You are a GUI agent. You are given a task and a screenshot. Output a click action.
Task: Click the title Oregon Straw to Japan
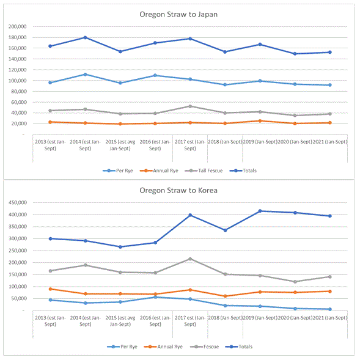pyautogui.click(x=178, y=15)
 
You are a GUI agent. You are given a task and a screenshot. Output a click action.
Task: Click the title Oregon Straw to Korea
pyautogui.click(x=178, y=190)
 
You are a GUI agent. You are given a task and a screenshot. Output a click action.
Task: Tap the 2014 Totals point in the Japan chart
pyautogui.click(x=85, y=37)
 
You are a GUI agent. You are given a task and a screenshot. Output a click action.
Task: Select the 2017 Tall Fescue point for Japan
pyautogui.click(x=190, y=106)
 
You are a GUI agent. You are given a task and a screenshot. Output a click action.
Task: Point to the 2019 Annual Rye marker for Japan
pyautogui.click(x=260, y=121)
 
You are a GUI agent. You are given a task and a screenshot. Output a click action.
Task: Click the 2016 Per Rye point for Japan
pyautogui.click(x=155, y=75)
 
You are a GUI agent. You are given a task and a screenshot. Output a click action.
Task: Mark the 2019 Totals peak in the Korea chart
pyautogui.click(x=260, y=211)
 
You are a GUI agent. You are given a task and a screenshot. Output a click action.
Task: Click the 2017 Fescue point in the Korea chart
pyautogui.click(x=190, y=259)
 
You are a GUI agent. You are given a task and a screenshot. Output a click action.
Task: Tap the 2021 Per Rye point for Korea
pyautogui.click(x=330, y=309)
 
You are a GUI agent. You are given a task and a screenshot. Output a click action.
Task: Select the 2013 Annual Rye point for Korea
pyautogui.click(x=51, y=289)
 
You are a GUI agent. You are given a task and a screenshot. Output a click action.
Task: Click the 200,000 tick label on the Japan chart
pyautogui.click(x=18, y=27)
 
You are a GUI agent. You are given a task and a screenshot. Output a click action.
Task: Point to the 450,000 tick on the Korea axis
pyautogui.click(x=18, y=202)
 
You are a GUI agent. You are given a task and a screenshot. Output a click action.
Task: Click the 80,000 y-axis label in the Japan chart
pyautogui.click(x=19, y=92)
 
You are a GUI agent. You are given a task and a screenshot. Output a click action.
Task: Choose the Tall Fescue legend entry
pyautogui.click(x=204, y=171)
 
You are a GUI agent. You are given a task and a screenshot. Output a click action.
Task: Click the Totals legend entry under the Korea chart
pyautogui.click(x=239, y=347)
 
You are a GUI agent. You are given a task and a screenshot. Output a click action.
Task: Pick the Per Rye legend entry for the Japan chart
pyautogui.click(x=118, y=171)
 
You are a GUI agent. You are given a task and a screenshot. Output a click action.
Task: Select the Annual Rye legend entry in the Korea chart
pyautogui.click(x=163, y=347)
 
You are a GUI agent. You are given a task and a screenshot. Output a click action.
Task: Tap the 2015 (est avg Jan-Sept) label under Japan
pyautogui.click(x=120, y=145)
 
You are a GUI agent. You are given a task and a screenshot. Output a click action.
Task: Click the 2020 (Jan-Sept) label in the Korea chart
pyautogui.click(x=295, y=318)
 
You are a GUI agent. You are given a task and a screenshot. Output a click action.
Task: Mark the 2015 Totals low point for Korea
pyautogui.click(x=120, y=247)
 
